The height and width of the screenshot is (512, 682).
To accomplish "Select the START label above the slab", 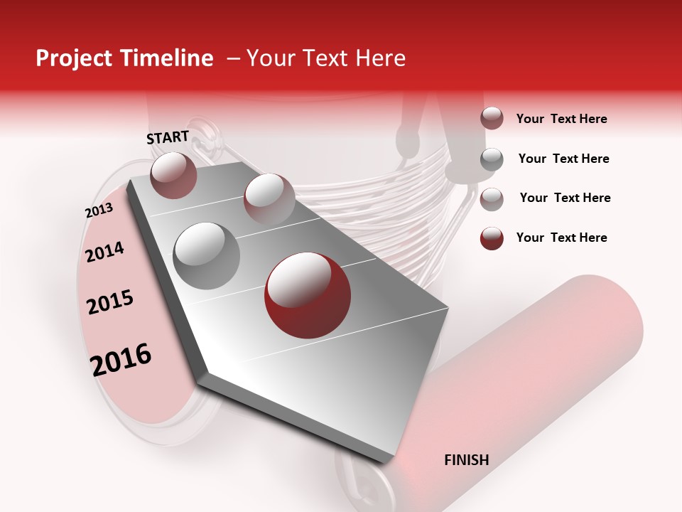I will [x=168, y=137].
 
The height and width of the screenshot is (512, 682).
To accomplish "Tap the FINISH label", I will [x=466, y=460].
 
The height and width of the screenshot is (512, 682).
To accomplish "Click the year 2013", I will [x=99, y=211].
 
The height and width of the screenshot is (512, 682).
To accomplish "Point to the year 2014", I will [x=104, y=252].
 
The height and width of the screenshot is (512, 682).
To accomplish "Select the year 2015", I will [x=110, y=302].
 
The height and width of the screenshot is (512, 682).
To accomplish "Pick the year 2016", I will [x=121, y=359].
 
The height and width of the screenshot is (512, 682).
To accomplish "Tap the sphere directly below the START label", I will [x=173, y=175].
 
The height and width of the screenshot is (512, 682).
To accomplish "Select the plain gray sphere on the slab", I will [x=206, y=255].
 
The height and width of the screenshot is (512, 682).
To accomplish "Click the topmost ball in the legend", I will [x=492, y=118].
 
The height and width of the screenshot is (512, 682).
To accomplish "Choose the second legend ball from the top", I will [x=492, y=159].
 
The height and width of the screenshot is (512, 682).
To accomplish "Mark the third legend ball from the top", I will [x=492, y=198].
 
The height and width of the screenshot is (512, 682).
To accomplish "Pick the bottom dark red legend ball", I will [x=492, y=238].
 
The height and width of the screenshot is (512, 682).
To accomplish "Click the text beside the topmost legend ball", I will [x=561, y=119].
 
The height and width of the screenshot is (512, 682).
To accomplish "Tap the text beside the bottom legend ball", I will [x=561, y=238].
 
